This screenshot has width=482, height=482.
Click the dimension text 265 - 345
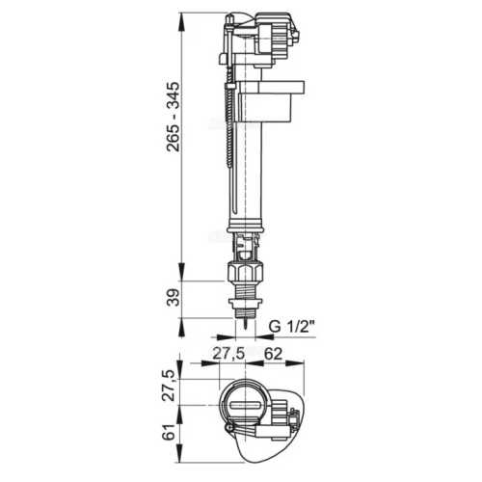(x=174, y=117)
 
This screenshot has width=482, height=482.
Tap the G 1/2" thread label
(x=291, y=327)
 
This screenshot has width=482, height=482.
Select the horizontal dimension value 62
(x=273, y=354)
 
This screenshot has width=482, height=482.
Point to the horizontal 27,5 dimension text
(x=229, y=354)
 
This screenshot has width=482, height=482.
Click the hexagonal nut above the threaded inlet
(x=245, y=273)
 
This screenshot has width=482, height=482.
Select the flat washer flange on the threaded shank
(x=246, y=302)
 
